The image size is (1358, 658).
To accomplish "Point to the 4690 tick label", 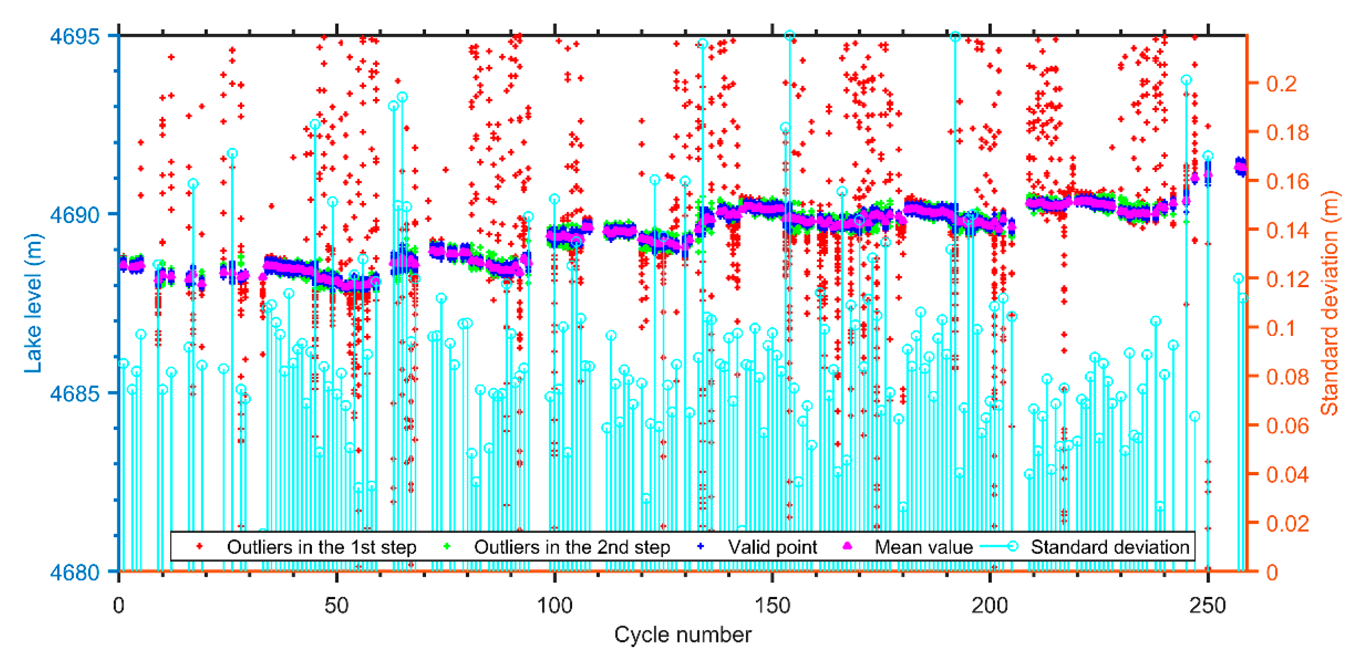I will point(74,215).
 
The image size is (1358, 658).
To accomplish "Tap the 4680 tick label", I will point(74,572).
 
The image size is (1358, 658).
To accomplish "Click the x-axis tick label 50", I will point(336,605).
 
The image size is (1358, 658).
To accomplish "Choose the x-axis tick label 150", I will point(772,605).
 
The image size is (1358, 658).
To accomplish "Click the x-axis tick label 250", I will point(1208,605).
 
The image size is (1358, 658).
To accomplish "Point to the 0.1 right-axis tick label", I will point(1281,328).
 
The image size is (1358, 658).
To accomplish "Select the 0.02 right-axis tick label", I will point(1287,524).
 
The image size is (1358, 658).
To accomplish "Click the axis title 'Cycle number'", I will point(683,635).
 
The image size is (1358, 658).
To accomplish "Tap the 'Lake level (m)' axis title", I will point(32,303).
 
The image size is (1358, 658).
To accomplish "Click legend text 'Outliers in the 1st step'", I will point(322,547).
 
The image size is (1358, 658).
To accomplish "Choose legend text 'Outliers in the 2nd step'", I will point(572,547).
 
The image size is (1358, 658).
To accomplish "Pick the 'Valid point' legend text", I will point(772,547).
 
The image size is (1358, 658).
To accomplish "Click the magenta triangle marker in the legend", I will point(847,546).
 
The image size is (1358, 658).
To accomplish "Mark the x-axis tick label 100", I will point(555,605).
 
